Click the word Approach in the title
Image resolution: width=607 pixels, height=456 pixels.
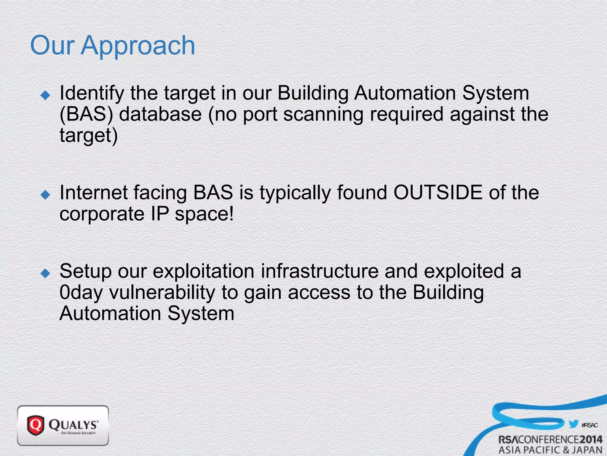coord(138,46)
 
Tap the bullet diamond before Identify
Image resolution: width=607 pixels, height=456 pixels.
coord(46,95)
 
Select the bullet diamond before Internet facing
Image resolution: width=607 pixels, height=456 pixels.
coord(46,195)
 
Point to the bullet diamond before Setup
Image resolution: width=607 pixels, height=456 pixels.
coord(46,273)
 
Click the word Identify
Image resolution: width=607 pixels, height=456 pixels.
coord(92,94)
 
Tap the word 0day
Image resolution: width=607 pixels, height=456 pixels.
coord(81,293)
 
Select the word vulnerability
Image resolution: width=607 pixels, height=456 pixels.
coord(162,293)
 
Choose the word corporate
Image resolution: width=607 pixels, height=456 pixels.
coord(102,214)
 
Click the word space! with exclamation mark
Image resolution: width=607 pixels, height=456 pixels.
coord(204,214)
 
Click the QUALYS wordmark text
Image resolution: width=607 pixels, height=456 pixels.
coord(73,425)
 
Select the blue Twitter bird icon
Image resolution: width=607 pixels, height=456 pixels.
coord(573,424)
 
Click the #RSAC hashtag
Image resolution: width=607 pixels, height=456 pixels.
coord(590,425)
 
